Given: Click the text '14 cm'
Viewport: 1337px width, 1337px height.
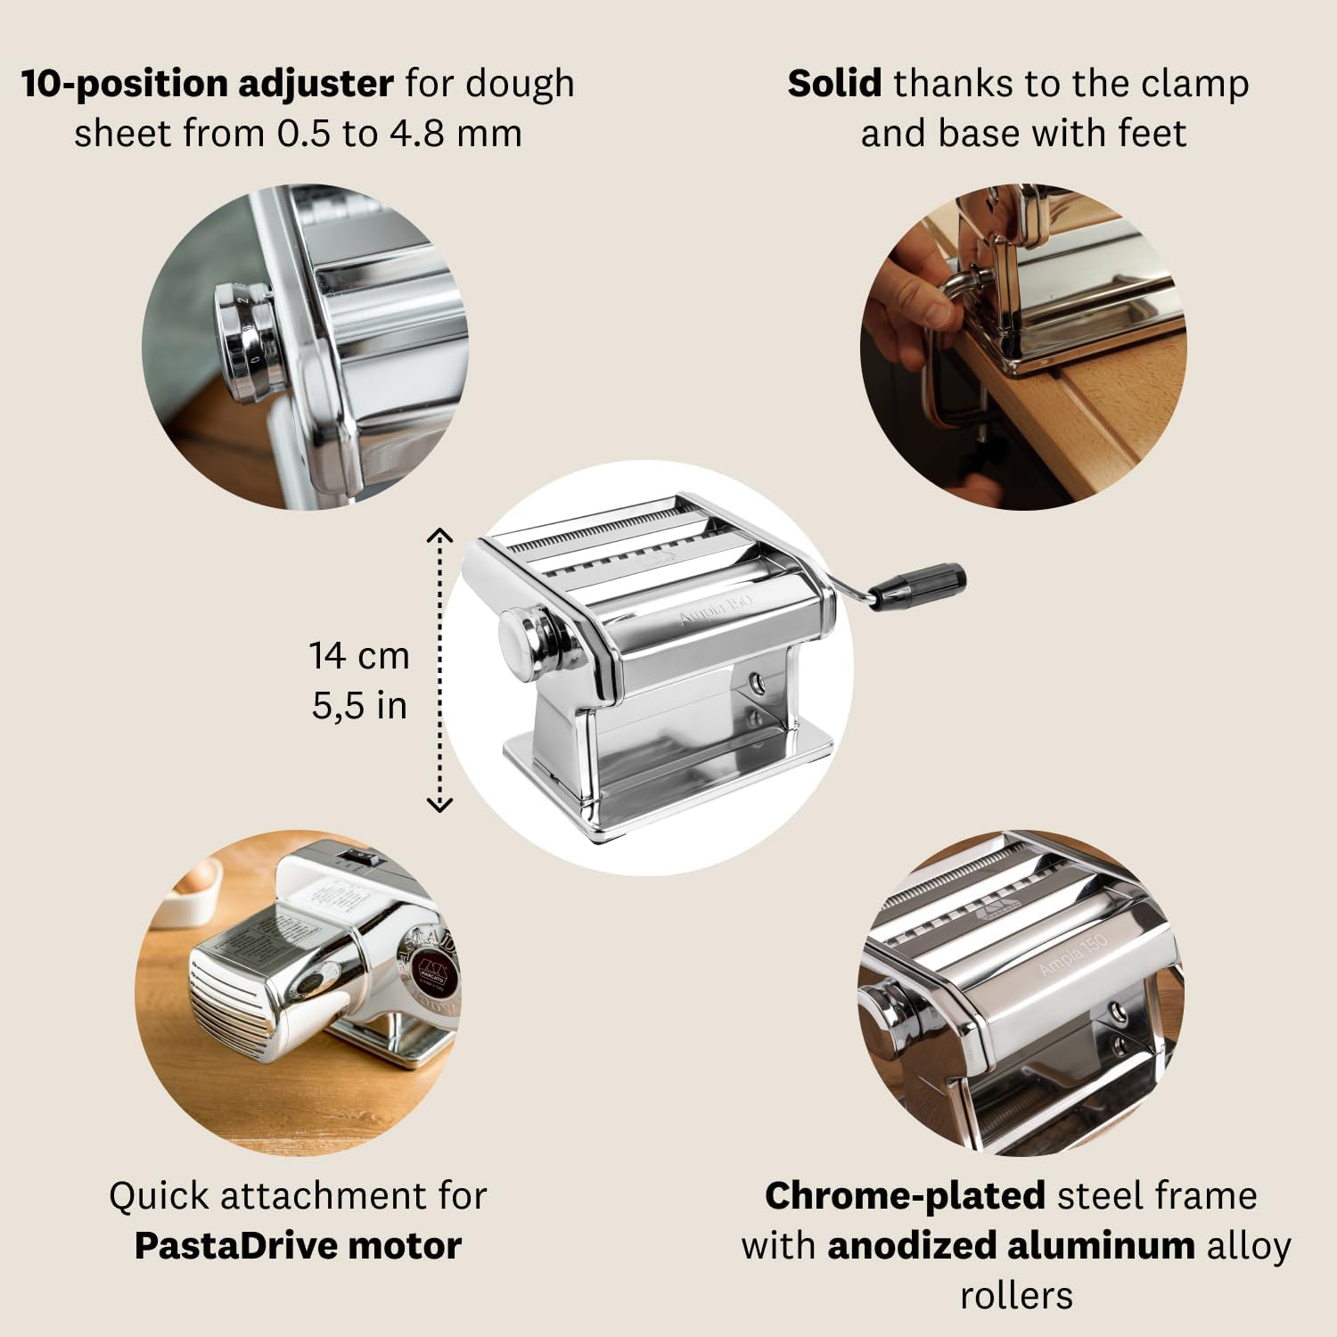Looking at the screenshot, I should pyautogui.click(x=359, y=656).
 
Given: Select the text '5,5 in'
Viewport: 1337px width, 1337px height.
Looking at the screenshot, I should pyautogui.click(x=359, y=706).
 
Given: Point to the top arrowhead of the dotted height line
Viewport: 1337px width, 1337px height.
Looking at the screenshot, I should pyautogui.click(x=440, y=535).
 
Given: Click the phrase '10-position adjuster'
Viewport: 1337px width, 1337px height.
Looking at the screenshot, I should pyautogui.click(x=207, y=84).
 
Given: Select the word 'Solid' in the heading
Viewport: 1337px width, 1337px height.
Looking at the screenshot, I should pyautogui.click(x=834, y=84).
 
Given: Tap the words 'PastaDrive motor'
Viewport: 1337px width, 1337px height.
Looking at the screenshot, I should pyautogui.click(x=298, y=1245).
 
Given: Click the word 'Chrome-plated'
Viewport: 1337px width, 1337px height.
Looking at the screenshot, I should pyautogui.click(x=905, y=1195).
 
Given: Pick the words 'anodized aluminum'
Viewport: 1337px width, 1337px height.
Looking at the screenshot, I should pyautogui.click(x=1011, y=1245).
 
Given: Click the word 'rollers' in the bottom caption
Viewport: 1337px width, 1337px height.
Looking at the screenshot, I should pyautogui.click(x=1016, y=1295).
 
